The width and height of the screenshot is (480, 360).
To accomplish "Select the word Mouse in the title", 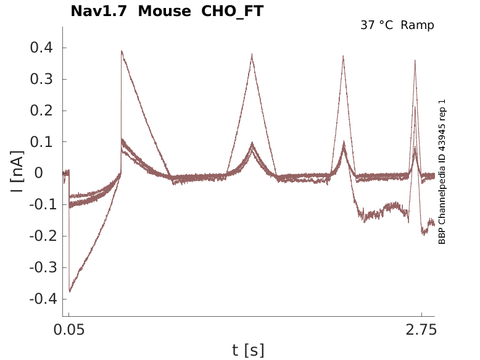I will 165,11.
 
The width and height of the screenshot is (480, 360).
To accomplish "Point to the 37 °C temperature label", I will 377,25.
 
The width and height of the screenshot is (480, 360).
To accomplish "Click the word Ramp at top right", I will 417,25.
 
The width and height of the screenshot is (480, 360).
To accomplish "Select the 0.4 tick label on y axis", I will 41,48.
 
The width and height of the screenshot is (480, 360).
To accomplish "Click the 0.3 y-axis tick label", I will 41,80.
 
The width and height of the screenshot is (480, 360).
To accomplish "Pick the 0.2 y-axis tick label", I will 41,111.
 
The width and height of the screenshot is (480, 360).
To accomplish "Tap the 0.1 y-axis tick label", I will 41,142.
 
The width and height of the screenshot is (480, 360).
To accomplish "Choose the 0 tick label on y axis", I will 48,174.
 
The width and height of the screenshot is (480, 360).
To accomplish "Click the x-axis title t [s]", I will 248,350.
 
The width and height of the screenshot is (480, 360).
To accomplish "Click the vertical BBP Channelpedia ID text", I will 442,172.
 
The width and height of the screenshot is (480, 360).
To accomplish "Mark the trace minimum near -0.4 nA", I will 70,291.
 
